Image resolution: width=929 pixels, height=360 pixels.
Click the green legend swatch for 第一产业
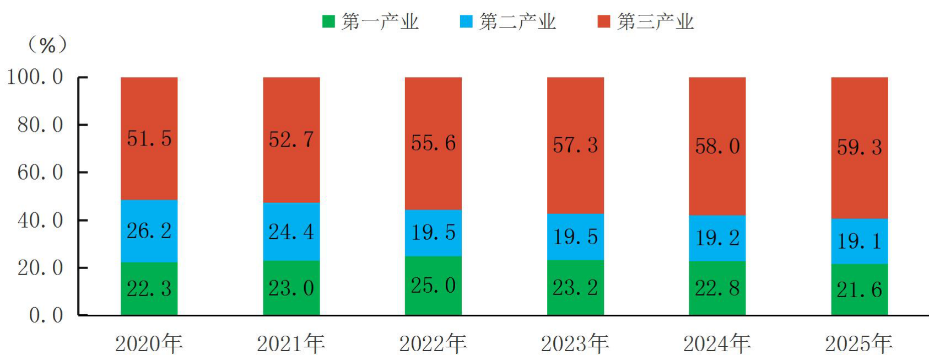tap(328, 22)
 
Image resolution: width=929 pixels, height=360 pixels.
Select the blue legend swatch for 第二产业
tap(466, 22)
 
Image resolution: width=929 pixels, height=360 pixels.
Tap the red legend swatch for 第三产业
tap(604, 22)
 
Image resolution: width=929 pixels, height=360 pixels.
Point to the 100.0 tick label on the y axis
tap(35, 77)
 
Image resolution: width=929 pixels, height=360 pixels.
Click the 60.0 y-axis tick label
tap(40, 173)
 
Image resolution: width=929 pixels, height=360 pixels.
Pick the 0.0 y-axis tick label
tap(46, 316)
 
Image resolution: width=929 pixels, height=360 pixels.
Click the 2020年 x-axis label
tap(149, 344)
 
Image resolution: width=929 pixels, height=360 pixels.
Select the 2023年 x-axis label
tap(575, 344)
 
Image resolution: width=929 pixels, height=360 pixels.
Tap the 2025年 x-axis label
tap(860, 344)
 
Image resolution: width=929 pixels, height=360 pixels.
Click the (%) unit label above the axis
tap(47, 45)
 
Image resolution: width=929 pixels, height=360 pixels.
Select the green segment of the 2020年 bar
tap(149, 289)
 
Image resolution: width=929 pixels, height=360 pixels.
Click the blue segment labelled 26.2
tap(149, 231)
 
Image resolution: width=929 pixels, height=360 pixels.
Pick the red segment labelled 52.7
tap(291, 140)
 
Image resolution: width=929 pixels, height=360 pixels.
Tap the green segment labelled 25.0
tap(434, 286)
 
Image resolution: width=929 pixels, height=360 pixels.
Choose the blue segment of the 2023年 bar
tap(576, 237)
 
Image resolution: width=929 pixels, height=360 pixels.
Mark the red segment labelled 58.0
tap(717, 146)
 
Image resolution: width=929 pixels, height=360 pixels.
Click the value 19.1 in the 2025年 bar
tap(860, 241)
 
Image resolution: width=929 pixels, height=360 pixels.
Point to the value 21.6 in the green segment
tap(860, 289)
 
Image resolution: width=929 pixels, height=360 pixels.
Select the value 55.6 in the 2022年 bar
tap(434, 143)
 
